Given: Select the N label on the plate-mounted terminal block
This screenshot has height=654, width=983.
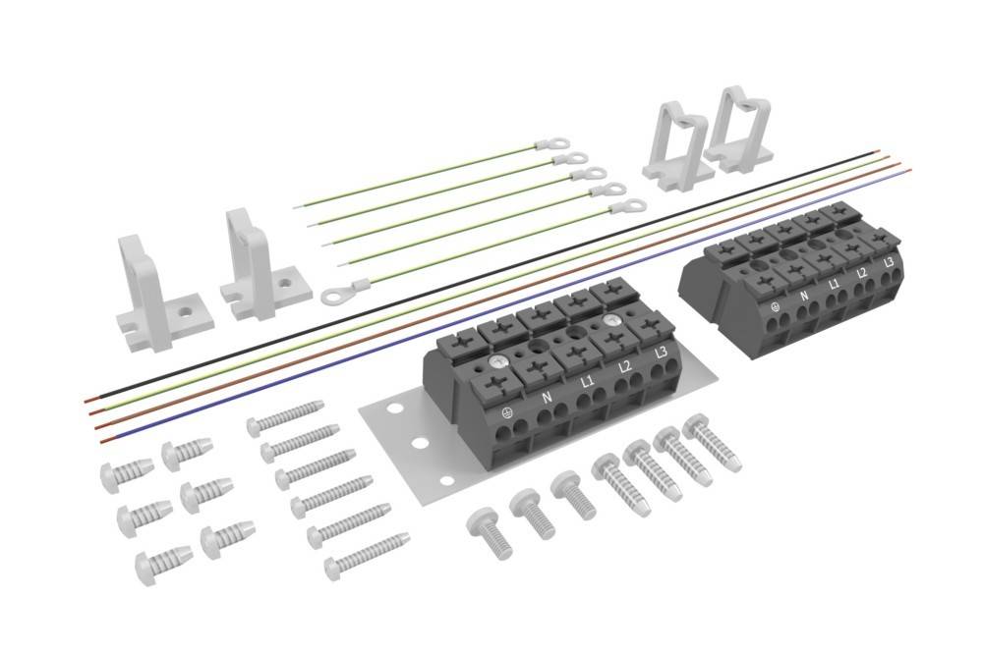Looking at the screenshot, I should click(547, 398).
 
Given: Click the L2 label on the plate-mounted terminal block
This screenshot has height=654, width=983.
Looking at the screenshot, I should click(623, 366).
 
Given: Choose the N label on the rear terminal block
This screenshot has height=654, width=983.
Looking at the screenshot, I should click(804, 296).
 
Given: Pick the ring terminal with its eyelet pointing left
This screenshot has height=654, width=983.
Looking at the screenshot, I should click(345, 291).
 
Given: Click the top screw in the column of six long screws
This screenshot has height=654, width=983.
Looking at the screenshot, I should click(285, 416).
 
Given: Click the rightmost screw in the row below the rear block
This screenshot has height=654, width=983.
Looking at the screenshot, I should click(712, 443).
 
